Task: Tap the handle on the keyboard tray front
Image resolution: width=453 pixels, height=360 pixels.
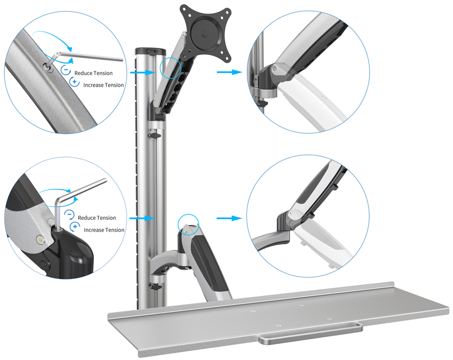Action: [x=311, y=336]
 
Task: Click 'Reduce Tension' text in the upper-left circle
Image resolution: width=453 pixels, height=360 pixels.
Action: [x=93, y=73]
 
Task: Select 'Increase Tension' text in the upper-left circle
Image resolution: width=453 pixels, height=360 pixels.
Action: [x=104, y=85]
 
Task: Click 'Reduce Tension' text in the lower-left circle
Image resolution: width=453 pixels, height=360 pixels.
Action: [x=97, y=218]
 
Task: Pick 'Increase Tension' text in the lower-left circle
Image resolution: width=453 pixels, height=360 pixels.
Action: [x=104, y=230]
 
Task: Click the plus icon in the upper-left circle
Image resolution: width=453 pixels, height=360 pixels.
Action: [x=74, y=82]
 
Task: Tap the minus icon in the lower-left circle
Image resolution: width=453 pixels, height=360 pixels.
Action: [x=69, y=215]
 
